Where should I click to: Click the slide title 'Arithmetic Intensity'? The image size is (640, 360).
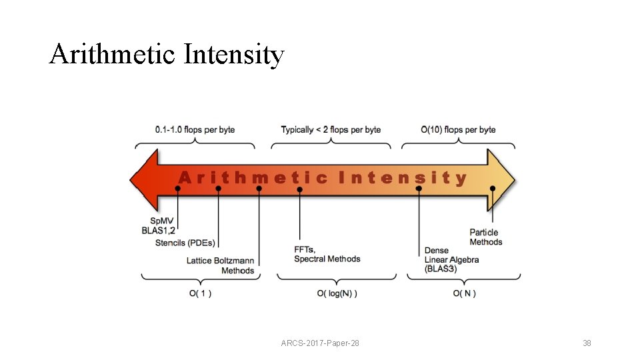167,55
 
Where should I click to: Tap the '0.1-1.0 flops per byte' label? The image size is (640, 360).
195,129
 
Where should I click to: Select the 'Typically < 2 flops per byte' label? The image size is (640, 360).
331,129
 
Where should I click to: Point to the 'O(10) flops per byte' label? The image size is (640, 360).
458,129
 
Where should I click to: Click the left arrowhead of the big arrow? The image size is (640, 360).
143,179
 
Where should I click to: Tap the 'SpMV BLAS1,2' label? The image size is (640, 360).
159,225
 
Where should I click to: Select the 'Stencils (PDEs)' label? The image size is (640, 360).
186,243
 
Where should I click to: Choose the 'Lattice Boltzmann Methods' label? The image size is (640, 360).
221,265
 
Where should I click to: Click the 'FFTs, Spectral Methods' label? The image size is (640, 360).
327,254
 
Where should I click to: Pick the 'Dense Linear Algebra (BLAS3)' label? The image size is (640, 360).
451,259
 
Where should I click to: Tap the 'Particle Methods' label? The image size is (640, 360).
485,237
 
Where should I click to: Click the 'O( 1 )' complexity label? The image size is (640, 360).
199,293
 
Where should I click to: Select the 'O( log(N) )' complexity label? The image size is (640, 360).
337,293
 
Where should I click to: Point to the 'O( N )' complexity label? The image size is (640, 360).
464,293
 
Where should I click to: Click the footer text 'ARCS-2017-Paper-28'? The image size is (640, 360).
320,343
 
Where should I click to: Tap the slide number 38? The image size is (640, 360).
587,343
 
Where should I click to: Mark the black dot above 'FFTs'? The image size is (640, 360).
300,190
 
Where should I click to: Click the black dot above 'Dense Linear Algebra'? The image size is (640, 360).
419,189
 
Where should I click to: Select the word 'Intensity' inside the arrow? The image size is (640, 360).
403,178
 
